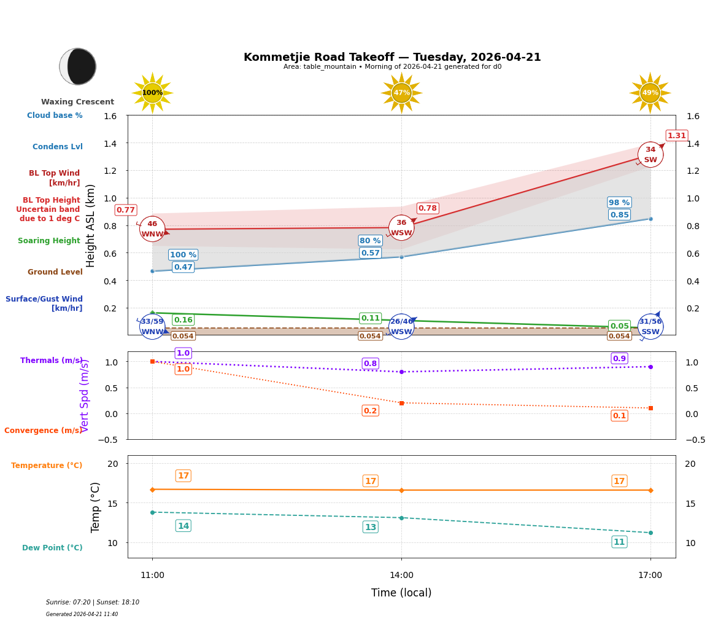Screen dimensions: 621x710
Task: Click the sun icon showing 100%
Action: pos(152,93)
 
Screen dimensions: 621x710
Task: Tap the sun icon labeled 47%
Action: pos(401,93)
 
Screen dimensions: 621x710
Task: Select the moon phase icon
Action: pos(78,66)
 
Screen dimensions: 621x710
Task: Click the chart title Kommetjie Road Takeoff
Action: pos(392,57)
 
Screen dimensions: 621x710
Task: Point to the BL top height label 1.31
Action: pos(676,136)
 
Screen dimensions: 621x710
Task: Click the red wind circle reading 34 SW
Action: pos(650,155)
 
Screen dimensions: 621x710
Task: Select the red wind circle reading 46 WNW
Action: pos(152,229)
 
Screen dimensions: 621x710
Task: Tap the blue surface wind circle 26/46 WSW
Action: pos(401,327)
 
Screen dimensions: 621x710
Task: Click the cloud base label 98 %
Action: pos(619,203)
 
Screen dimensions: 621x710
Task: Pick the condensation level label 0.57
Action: pos(370,253)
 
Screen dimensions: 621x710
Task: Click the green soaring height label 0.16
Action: pos(183,320)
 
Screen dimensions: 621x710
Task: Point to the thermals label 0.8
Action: pos(370,364)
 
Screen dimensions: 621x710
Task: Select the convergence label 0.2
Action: pos(370,411)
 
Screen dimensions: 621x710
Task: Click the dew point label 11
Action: pos(619,542)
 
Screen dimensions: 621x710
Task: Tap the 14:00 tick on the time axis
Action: pos(401,575)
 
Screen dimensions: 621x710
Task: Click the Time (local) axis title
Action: pos(401,593)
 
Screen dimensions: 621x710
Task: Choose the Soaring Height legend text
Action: pos(49,241)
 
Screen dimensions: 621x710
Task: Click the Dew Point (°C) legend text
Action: pos(52,548)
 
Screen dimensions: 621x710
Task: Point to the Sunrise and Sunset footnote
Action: pos(93,603)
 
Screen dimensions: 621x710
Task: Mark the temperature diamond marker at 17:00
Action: pos(650,490)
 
